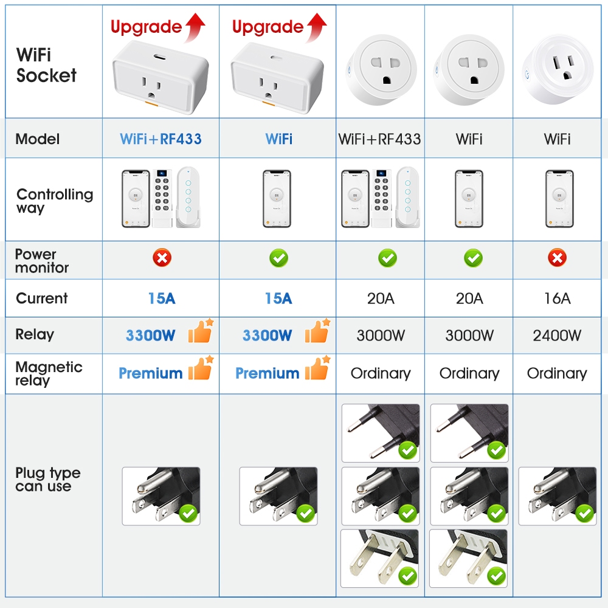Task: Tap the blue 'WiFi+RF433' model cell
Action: [161, 139]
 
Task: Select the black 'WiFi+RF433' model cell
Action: [379, 139]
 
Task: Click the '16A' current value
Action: [557, 299]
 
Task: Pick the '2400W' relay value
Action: [557, 335]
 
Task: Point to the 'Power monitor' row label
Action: [42, 261]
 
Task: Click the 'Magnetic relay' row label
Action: [49, 373]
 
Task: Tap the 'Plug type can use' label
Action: [47, 480]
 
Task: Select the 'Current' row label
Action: [41, 299]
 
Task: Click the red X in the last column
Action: [557, 258]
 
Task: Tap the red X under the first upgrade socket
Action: [161, 258]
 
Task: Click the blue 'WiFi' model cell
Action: [278, 139]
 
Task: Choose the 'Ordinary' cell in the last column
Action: [557, 373]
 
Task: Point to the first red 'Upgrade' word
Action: [146, 27]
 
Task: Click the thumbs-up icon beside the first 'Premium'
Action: [200, 369]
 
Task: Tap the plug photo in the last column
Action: [557, 496]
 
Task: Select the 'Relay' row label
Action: [35, 334]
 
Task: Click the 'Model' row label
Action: [38, 139]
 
